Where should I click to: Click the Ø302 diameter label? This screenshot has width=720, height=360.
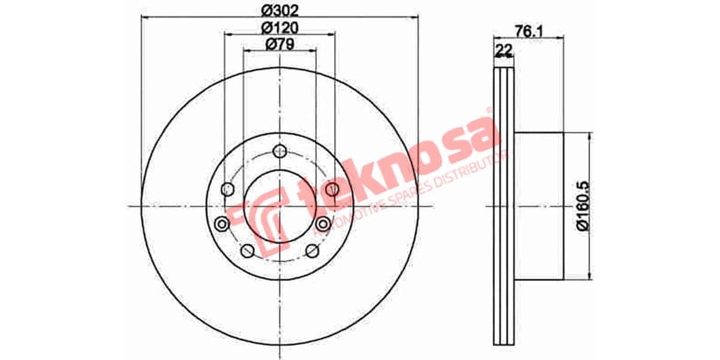(x=280, y=10)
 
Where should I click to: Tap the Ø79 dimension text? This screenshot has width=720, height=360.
(x=279, y=44)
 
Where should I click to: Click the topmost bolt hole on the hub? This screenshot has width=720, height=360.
(x=280, y=151)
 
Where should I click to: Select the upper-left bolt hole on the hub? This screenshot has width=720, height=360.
(x=227, y=190)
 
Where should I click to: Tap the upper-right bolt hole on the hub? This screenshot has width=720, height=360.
(x=333, y=190)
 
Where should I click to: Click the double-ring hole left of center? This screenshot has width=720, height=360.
(x=221, y=224)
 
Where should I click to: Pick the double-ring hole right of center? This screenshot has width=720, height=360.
(x=323, y=224)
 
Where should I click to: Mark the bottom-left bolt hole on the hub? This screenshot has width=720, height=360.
(x=247, y=251)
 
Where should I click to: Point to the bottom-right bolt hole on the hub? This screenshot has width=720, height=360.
(x=312, y=251)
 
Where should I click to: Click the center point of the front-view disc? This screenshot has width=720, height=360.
(x=280, y=206)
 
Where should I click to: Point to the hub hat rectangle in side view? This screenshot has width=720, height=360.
(x=540, y=206)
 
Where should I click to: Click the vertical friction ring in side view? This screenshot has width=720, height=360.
(x=504, y=206)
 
